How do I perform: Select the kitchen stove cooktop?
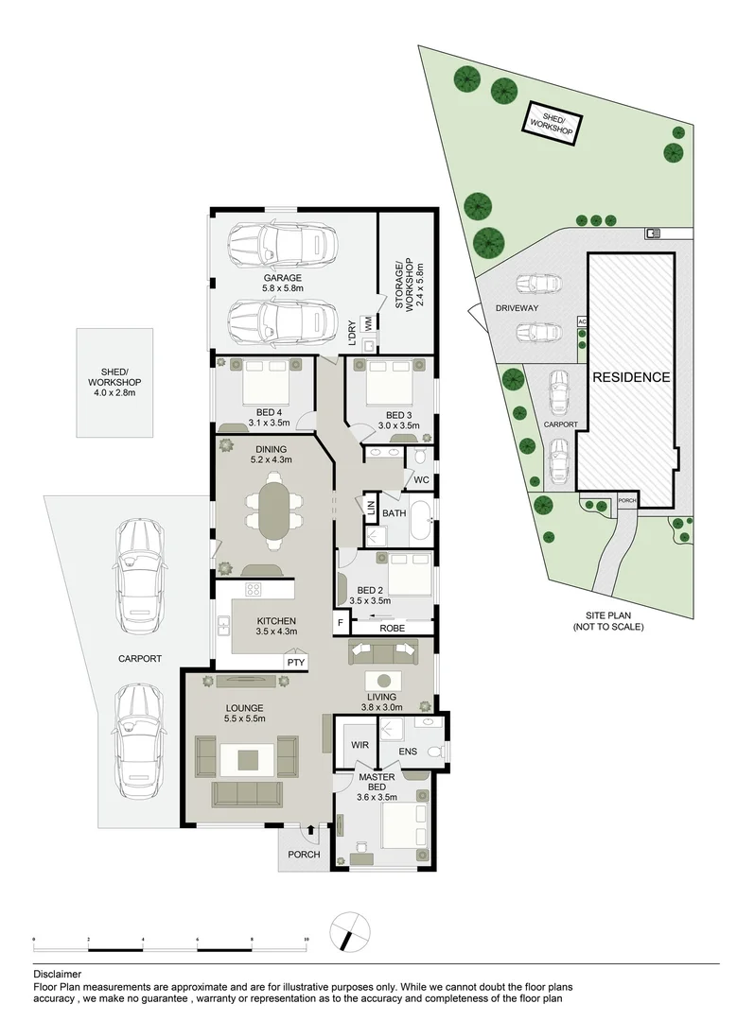tap(254, 590)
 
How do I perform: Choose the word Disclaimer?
tap(57, 974)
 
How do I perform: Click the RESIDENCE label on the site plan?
tap(631, 377)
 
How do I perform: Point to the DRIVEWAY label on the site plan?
tap(516, 308)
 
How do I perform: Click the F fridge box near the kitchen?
tap(340, 624)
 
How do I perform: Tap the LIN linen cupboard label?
tap(370, 508)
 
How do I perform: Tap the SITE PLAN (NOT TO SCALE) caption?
tap(607, 620)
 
